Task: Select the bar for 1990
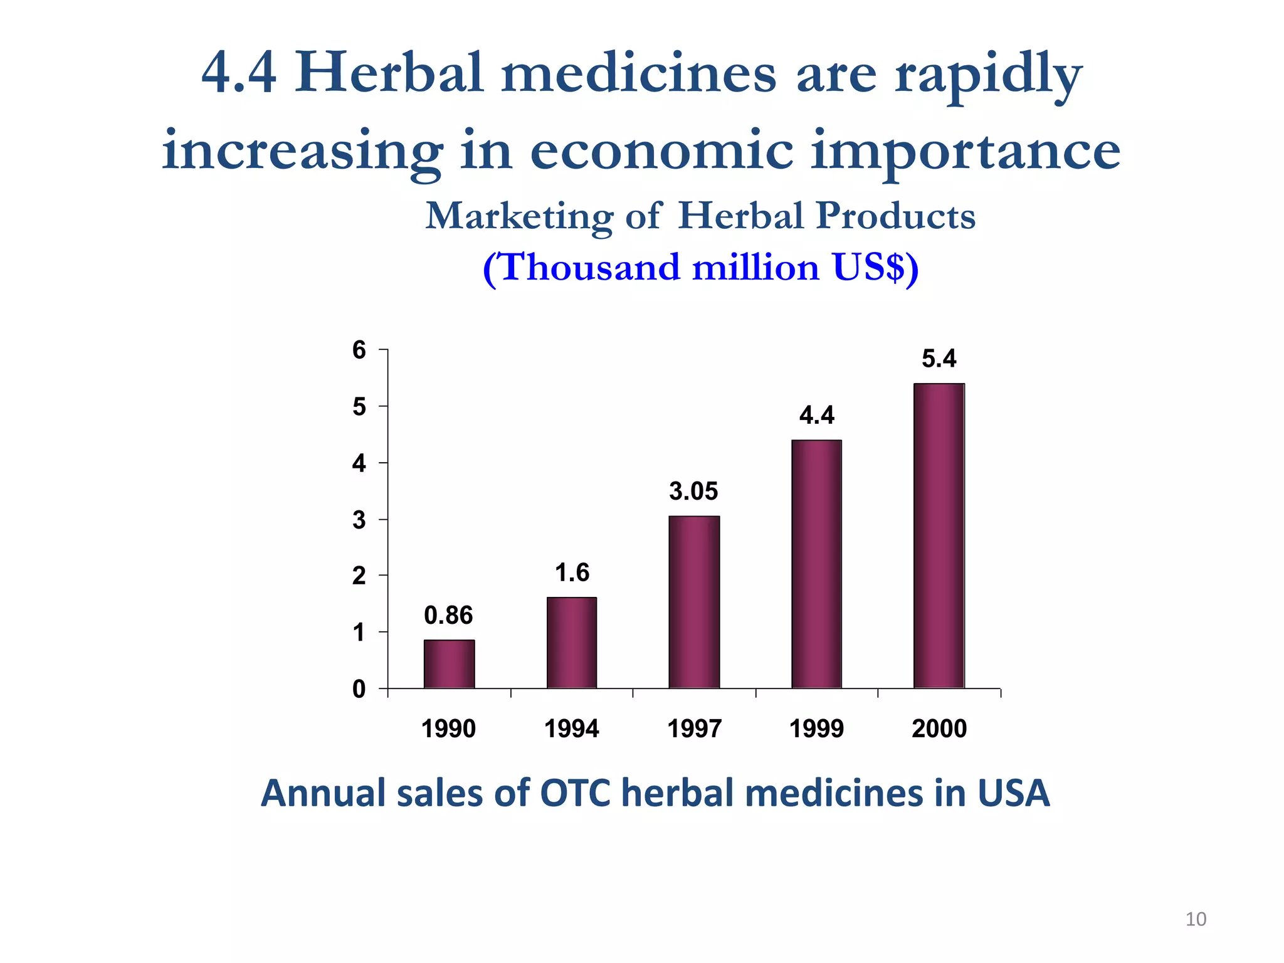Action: coord(449,664)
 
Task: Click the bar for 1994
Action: coord(572,643)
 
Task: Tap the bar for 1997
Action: coord(694,602)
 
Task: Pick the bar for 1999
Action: coord(816,564)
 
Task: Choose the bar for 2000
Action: coord(939,536)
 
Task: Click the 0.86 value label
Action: coord(448,616)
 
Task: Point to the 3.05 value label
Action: coord(693,491)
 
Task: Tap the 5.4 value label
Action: coord(939,359)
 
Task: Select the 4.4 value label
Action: coord(816,415)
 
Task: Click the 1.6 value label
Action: coord(572,572)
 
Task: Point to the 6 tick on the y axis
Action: coord(359,350)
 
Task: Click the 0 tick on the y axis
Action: coord(359,690)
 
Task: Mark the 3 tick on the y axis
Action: coord(359,520)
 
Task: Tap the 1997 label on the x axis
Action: coord(694,729)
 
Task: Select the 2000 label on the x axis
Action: coord(939,729)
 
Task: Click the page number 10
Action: coord(1196,919)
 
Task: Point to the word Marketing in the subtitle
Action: coord(519,216)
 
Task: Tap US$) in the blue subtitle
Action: coord(875,268)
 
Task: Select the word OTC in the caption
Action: coord(575,793)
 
